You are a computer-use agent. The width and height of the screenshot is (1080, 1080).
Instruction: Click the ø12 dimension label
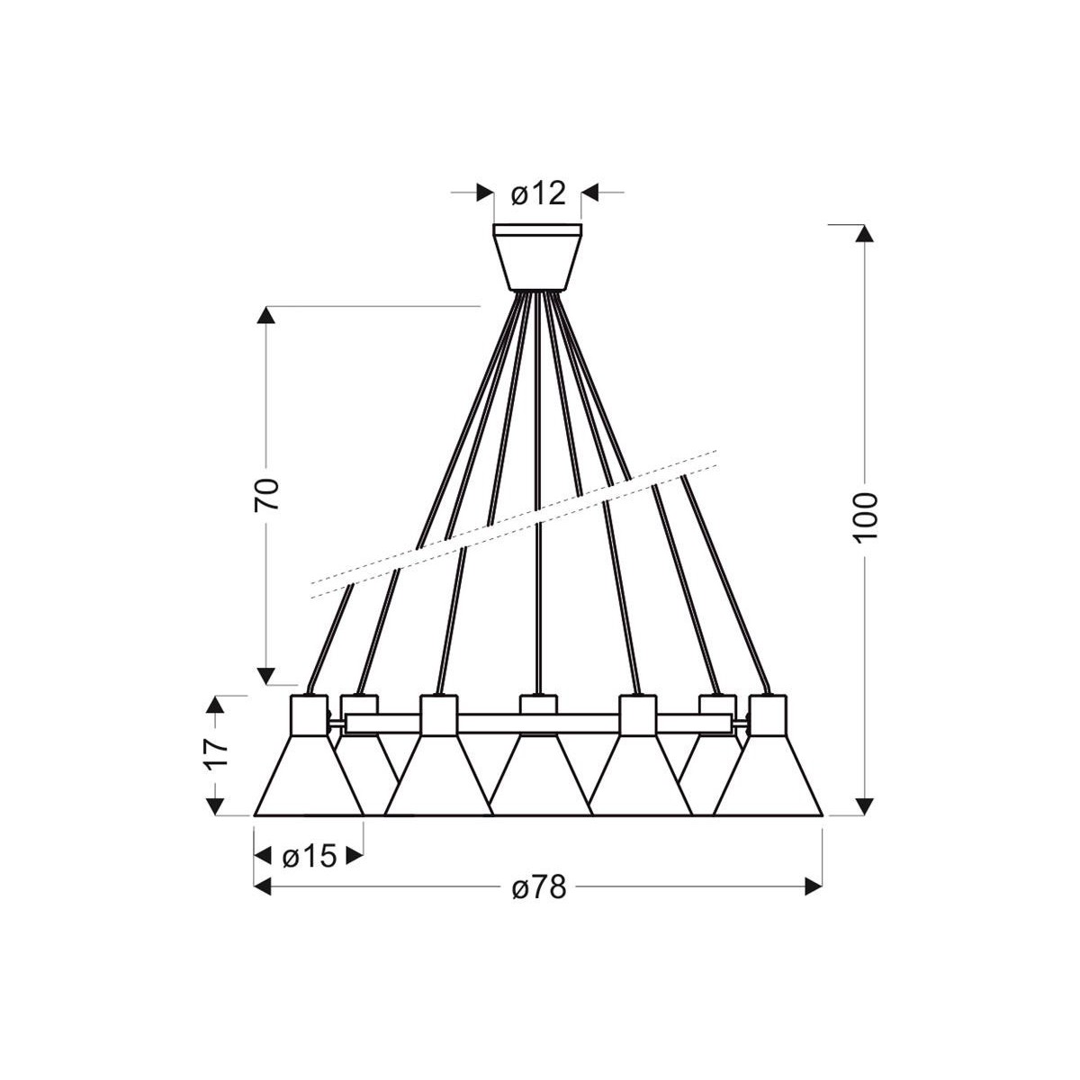(537, 193)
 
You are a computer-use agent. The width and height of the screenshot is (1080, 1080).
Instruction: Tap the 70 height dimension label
(267, 495)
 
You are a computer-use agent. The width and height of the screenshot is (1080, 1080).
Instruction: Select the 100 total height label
(864, 517)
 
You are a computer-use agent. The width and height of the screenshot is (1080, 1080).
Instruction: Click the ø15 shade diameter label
(309, 856)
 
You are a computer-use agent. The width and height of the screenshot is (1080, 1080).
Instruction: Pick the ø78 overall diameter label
(539, 887)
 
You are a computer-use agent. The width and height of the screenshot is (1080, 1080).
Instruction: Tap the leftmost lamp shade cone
(309, 779)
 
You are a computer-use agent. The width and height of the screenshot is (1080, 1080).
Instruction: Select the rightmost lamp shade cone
(769, 779)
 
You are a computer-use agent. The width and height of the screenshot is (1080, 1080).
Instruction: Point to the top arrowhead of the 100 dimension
(864, 233)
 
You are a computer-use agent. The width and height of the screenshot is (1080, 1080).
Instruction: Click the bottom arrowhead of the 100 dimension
(864, 805)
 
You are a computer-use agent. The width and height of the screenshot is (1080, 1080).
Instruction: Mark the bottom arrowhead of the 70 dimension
(266, 675)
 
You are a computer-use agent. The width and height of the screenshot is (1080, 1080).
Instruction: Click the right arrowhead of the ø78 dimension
(814, 887)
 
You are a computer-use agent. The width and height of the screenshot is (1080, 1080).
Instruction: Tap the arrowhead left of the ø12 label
(484, 193)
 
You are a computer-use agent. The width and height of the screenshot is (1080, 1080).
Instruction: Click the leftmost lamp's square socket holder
(309, 716)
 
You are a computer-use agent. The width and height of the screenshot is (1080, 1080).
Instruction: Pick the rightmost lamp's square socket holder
(769, 716)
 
